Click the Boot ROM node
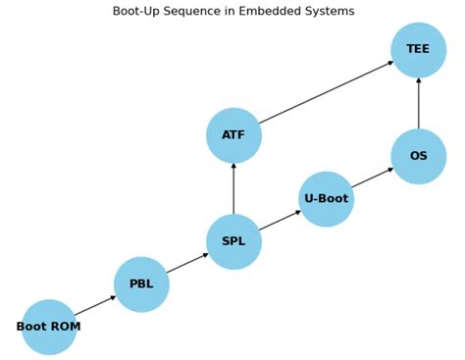pyautogui.click(x=49, y=327)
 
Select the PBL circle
pyautogui.click(x=141, y=284)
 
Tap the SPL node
pyautogui.click(x=233, y=241)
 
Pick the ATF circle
pyautogui.click(x=233, y=135)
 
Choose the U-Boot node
pyautogui.click(x=326, y=199)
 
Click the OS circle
pyautogui.click(x=418, y=156)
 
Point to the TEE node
pyautogui.click(x=418, y=50)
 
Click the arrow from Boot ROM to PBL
pyautogui.click(x=95, y=305)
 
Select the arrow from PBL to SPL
pyautogui.click(x=187, y=263)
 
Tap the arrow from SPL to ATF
pyautogui.click(x=233, y=188)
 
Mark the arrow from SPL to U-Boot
pyautogui.click(x=280, y=221)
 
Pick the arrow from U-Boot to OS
pyautogui.click(x=372, y=178)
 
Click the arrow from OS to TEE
pyautogui.click(x=418, y=103)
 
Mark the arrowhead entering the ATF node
pyautogui.click(x=233, y=167)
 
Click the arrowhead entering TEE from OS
pyautogui.click(x=418, y=81)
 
